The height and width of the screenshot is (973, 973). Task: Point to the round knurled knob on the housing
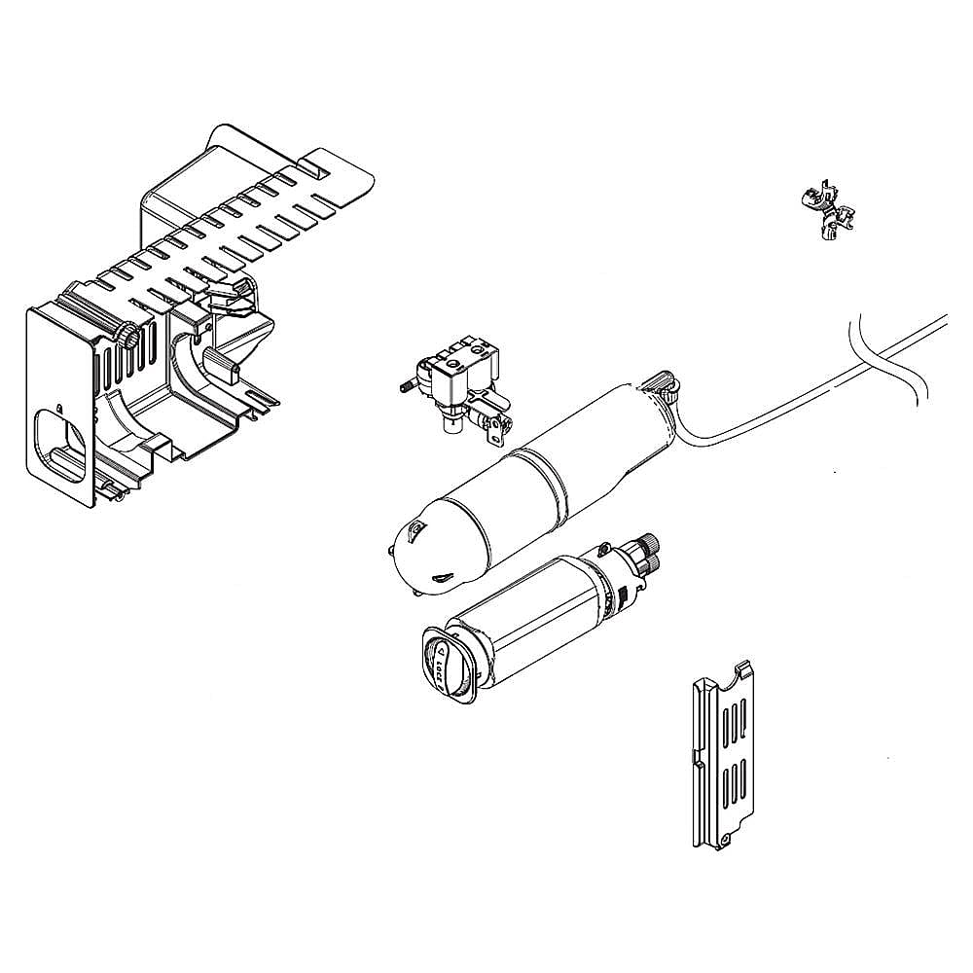127,336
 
